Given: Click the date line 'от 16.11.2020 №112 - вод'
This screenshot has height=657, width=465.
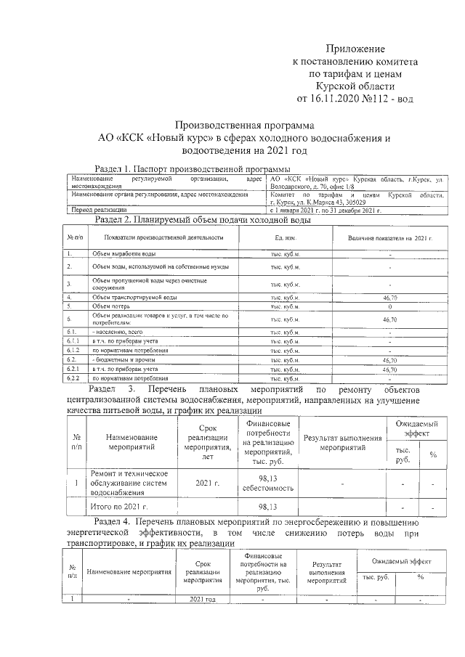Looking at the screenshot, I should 354,98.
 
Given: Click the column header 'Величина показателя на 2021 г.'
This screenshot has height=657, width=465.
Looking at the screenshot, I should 389,237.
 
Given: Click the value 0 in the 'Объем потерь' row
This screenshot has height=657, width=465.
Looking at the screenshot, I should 389,307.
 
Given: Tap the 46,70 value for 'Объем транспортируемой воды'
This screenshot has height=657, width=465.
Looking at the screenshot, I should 389,298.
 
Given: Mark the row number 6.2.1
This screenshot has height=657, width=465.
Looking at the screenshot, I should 73,369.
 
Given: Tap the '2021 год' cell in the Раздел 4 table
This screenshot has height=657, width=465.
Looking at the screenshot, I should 203,599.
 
